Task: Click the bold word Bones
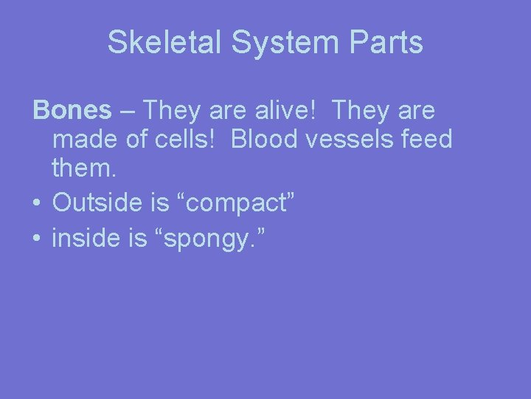(72, 111)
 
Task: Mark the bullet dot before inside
(35, 239)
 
